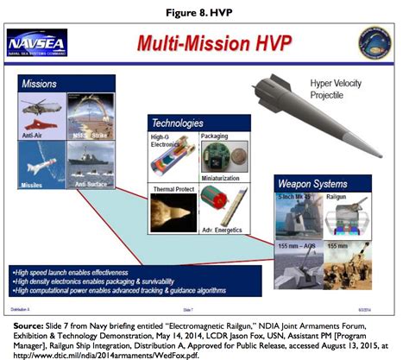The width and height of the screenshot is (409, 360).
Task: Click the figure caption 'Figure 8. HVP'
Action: tap(204, 11)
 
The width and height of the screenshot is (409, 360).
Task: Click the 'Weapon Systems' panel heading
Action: tap(311, 183)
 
